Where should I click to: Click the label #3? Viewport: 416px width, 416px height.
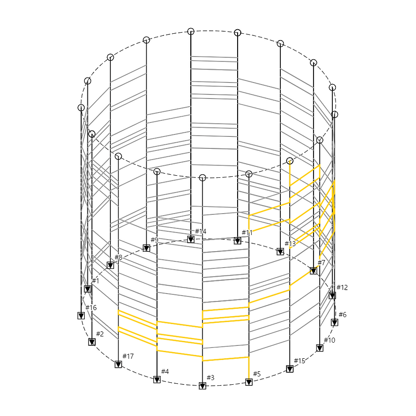click(211, 378)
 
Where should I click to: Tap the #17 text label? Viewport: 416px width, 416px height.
click(128, 356)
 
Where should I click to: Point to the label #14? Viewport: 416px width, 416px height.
click(201, 231)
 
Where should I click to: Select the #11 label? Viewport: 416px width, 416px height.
click(247, 232)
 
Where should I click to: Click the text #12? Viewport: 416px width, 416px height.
click(342, 288)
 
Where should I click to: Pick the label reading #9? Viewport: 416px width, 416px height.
click(154, 240)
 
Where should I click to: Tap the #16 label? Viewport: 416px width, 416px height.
click(91, 308)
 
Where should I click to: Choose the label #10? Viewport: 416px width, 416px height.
click(330, 340)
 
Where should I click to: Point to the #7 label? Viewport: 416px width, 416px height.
click(321, 263)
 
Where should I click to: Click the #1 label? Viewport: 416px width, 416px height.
click(96, 281)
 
